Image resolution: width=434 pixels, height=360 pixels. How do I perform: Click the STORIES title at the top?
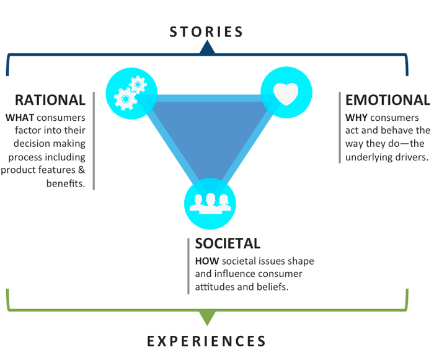click(x=206, y=32)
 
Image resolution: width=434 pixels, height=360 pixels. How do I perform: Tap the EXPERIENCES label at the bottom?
click(x=206, y=341)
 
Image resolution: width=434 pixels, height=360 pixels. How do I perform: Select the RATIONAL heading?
click(x=50, y=100)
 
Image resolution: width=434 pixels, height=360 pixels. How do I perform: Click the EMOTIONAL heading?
click(x=387, y=100)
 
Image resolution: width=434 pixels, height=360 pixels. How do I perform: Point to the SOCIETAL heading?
click(x=228, y=244)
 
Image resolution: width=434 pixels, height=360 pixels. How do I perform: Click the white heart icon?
click(x=286, y=94)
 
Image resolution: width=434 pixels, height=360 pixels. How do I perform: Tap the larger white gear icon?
click(x=125, y=99)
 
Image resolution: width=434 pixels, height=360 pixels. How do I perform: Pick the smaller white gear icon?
click(x=138, y=84)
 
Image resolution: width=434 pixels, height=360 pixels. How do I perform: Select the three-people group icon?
click(x=210, y=203)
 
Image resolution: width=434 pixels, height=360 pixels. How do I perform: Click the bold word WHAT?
click(x=20, y=118)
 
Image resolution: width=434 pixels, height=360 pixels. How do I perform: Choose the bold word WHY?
click(x=356, y=118)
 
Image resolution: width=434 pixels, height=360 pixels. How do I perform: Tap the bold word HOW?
click(x=207, y=261)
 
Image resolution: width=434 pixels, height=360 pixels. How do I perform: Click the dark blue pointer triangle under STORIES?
click(x=207, y=48)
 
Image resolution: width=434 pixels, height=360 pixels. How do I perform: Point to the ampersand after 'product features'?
click(x=81, y=170)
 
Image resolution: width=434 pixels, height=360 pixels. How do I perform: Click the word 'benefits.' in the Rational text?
click(x=66, y=183)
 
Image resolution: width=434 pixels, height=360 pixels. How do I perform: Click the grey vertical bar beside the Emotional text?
click(x=340, y=128)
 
